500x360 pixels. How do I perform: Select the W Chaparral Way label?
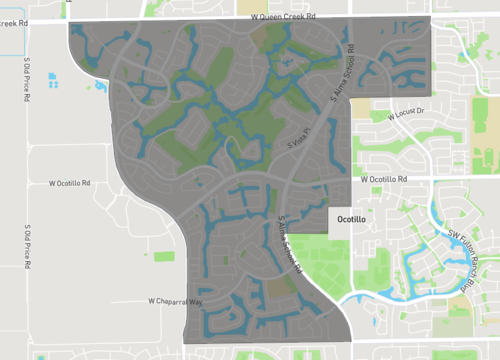point(175,300)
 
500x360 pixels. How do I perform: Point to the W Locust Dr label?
point(406,112)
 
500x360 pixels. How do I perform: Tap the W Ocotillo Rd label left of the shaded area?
point(70,184)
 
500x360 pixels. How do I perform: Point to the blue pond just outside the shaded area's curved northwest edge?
point(100,87)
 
